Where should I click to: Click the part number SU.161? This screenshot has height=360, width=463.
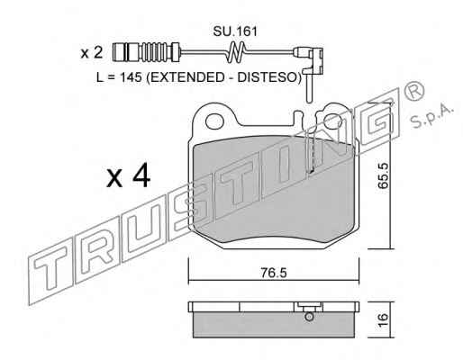235,31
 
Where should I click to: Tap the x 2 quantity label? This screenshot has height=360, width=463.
92,53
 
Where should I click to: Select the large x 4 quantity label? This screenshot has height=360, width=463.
129,177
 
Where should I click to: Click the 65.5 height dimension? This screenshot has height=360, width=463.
384,175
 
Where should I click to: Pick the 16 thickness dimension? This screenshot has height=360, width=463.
384,320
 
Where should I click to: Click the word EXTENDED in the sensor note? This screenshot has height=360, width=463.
186,77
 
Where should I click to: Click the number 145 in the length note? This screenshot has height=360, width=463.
131,77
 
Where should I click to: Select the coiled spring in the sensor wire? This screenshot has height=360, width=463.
237,52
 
